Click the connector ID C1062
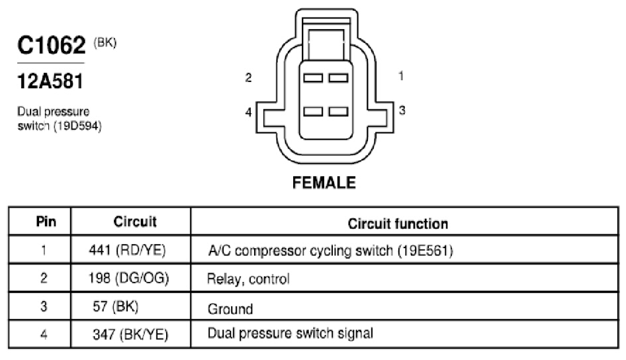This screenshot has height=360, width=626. coord(52,45)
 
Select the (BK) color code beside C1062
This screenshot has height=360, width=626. coord(105,42)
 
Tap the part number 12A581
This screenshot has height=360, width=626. coord(50,81)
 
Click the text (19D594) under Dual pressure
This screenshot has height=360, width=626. coord(77,126)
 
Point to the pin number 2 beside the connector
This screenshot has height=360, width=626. coord(248,77)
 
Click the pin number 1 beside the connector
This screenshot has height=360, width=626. coord(401,76)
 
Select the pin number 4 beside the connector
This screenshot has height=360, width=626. coord(248,112)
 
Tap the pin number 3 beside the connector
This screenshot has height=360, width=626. coord(402,110)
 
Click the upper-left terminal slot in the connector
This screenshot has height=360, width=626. coord(313,78)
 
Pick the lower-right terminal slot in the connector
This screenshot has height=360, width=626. coord(339,111)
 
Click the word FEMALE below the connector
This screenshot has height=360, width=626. coord(324,183)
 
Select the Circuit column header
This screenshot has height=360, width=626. coord(135,222)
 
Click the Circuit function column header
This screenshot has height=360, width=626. coord(398,224)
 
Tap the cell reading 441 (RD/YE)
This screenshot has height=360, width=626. coord(127,250)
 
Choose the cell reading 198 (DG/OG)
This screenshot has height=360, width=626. coord(128,278)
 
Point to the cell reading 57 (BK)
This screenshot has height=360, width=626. coord(116,306)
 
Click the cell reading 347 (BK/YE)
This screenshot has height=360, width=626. coord(130,334)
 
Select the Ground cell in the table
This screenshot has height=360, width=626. coord(230,309)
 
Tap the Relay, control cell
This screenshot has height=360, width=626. coord(248,279)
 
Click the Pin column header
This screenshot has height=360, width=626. coord(46,222)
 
